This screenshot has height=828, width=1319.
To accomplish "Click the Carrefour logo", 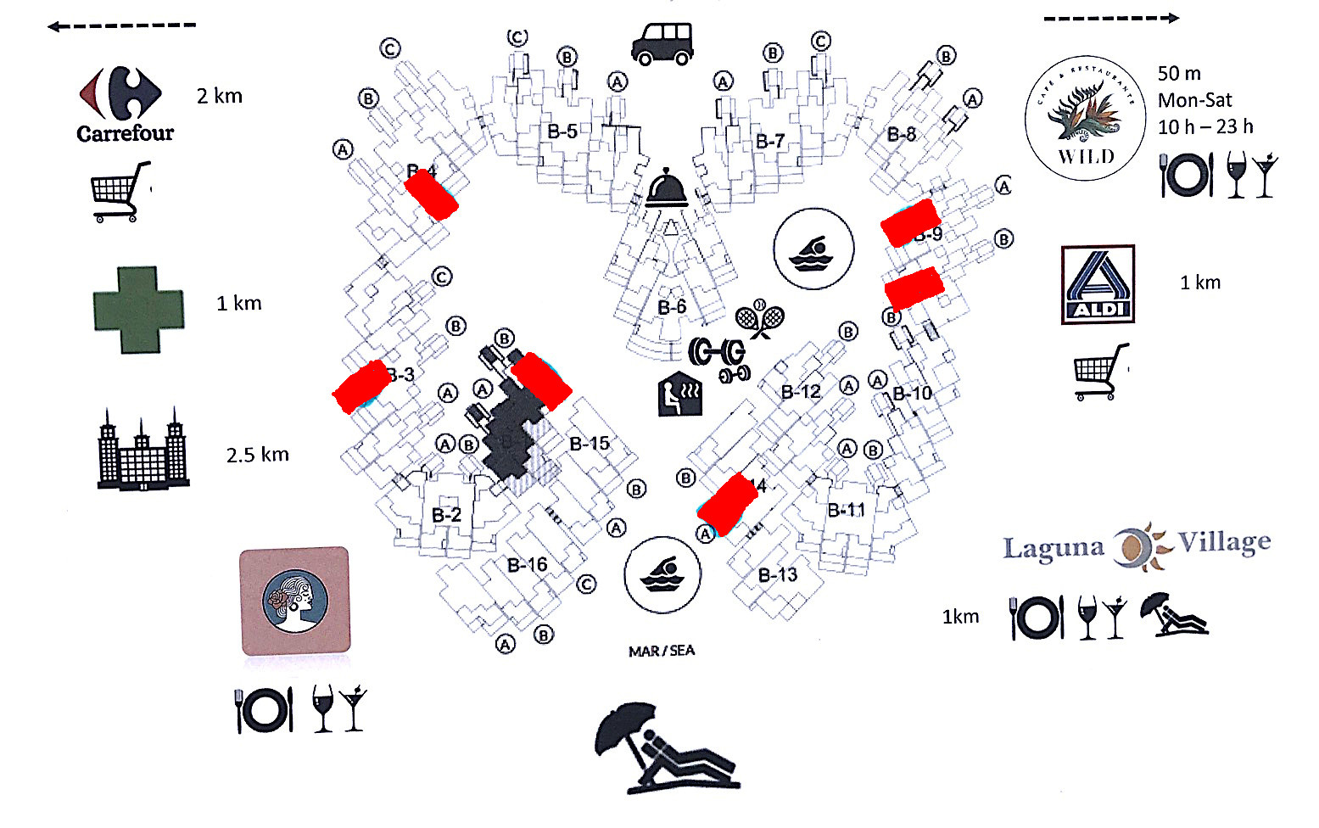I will (x=124, y=103).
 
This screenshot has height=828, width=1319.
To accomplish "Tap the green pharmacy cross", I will (x=138, y=310).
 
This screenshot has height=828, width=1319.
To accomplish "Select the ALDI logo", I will (x=1098, y=285).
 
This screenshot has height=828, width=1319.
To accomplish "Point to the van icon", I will (x=662, y=43).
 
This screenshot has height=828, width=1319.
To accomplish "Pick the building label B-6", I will (x=672, y=307).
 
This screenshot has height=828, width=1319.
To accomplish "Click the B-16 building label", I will (x=527, y=565).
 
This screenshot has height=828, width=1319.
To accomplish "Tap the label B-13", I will (x=778, y=575).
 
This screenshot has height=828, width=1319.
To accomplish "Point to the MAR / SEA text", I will (x=662, y=651).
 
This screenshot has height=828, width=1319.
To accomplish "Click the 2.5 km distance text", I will (x=257, y=455).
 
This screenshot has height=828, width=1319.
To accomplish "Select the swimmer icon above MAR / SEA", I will (x=662, y=574).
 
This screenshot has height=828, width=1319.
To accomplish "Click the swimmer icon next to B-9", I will (x=813, y=249).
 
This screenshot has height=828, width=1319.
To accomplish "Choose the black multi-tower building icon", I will (x=143, y=450).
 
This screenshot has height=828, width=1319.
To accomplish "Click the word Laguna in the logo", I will (x=1054, y=548).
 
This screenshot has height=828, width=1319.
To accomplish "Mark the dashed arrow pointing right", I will (x=1111, y=18).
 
